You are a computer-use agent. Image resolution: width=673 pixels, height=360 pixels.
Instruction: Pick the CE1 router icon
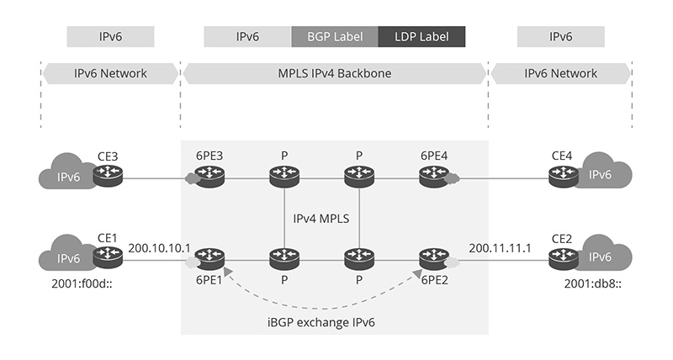click(108, 257)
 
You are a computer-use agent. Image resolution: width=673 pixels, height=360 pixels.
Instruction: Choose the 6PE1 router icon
click(209, 257)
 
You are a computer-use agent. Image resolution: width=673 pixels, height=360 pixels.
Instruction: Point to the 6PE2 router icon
click(434, 257)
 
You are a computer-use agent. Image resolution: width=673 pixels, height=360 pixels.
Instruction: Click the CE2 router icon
click(562, 257)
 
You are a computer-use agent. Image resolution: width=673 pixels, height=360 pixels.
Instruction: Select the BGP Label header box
click(334, 37)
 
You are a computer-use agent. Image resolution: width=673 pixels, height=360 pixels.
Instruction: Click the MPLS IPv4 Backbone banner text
click(335, 73)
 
